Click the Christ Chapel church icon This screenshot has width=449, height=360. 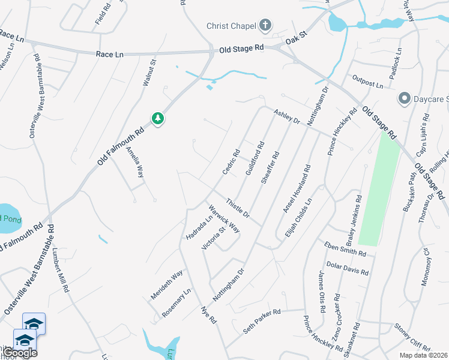(x=265, y=26)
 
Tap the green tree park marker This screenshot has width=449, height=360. (x=158, y=118)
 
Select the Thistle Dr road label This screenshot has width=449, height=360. (x=238, y=208)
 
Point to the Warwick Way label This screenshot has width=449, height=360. (x=224, y=219)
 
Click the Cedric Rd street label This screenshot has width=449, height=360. (x=231, y=162)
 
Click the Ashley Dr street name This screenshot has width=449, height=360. (x=287, y=116)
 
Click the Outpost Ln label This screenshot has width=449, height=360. (x=367, y=84)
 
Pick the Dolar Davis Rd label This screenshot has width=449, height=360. (x=347, y=268)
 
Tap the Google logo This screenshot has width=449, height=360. (x=19, y=353)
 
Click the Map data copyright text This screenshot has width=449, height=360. (x=423, y=355)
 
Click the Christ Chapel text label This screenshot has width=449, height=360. (x=231, y=26)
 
